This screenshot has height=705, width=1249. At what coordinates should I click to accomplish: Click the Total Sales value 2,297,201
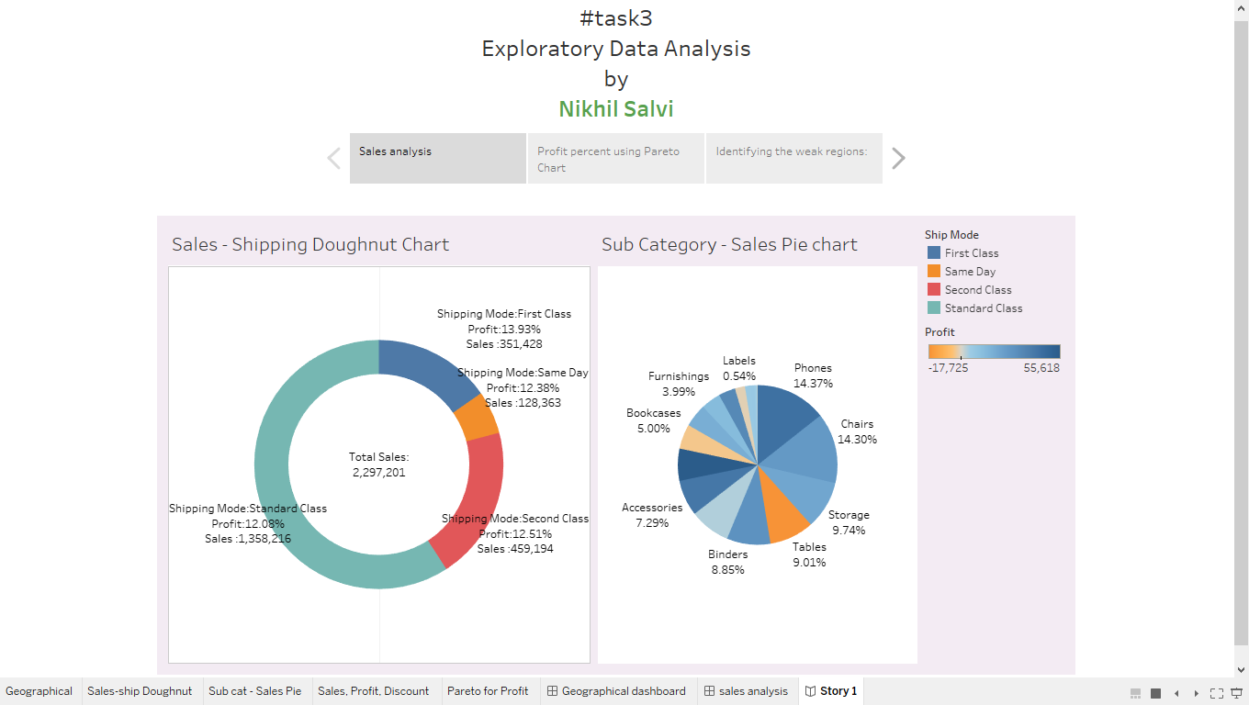378,473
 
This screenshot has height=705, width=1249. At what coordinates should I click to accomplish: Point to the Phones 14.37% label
813,375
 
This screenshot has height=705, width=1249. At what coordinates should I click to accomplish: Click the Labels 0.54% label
739,368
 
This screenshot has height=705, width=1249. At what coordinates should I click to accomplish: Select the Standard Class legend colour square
934,308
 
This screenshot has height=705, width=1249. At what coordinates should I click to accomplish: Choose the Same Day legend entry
970,272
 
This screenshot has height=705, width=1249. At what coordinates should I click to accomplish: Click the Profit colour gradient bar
994,352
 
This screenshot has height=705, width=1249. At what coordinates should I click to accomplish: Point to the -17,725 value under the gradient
948,367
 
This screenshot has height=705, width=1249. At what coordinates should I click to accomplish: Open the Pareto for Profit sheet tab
488,691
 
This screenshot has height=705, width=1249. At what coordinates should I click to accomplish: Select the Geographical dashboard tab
624,691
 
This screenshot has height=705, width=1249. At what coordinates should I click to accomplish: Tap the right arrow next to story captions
898,159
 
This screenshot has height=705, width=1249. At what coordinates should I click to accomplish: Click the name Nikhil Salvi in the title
615,109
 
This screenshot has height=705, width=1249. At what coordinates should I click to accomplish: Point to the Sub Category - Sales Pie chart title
729,244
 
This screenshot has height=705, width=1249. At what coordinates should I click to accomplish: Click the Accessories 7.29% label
652,515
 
